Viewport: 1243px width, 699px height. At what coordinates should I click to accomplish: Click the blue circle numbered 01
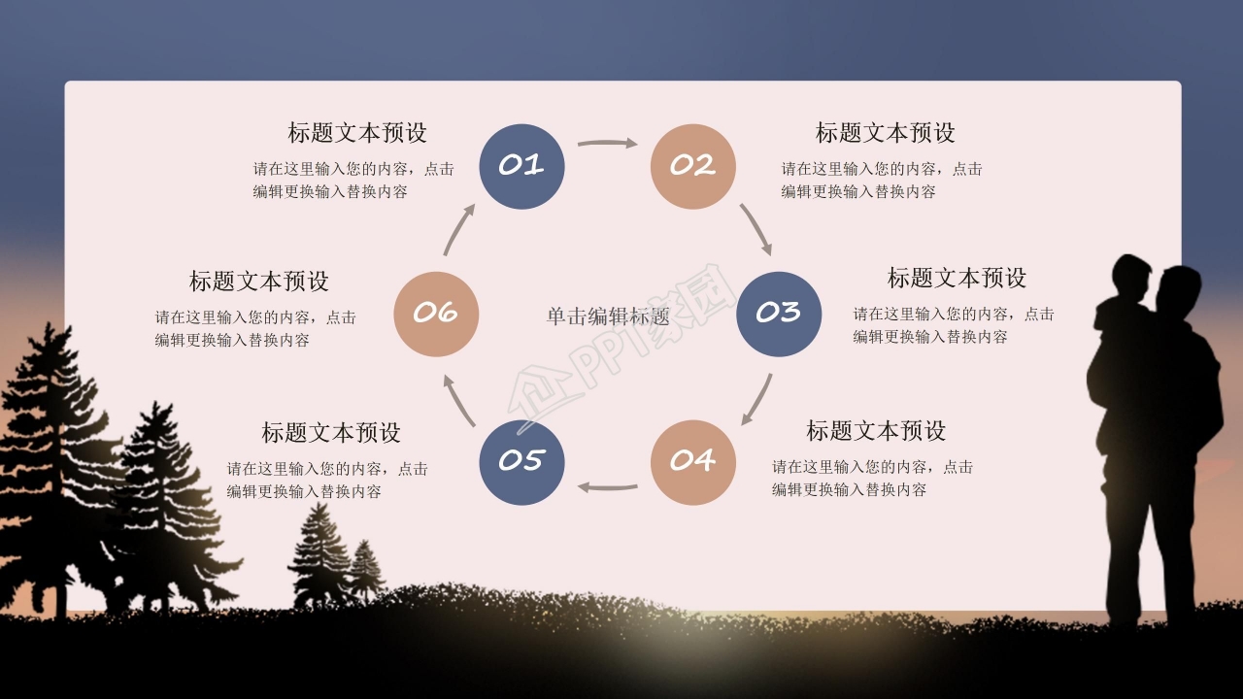pyautogui.click(x=522, y=166)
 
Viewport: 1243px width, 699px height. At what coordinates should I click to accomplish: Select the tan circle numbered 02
pyautogui.click(x=692, y=166)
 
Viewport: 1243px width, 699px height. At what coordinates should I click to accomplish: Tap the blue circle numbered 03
pyautogui.click(x=779, y=313)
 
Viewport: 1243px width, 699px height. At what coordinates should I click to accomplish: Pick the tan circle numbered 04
pyautogui.click(x=692, y=461)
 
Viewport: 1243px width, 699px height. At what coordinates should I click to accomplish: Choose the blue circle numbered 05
pyautogui.click(x=522, y=461)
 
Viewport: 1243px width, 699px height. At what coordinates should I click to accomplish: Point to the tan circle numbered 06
pyautogui.click(x=436, y=313)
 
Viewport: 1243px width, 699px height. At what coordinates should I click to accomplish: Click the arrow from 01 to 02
pyautogui.click(x=607, y=144)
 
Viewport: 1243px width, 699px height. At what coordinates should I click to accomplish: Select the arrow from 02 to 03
pyautogui.click(x=756, y=229)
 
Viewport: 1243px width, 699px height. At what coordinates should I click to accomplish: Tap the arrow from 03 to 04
pyautogui.click(x=757, y=399)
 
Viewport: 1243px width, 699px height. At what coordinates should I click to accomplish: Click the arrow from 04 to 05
pyautogui.click(x=608, y=485)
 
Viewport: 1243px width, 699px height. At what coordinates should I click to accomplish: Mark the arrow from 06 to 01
pyautogui.click(x=459, y=229)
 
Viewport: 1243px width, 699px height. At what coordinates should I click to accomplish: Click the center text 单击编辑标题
pyautogui.click(x=608, y=316)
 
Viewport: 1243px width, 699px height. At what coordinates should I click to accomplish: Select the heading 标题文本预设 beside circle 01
pyautogui.click(x=357, y=132)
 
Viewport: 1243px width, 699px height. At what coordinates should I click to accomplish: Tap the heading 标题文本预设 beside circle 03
pyautogui.click(x=957, y=278)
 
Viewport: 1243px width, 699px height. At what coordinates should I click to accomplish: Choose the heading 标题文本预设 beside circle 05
pyautogui.click(x=331, y=432)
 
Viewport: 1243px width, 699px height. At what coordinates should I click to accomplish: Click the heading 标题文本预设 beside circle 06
pyautogui.click(x=259, y=282)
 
